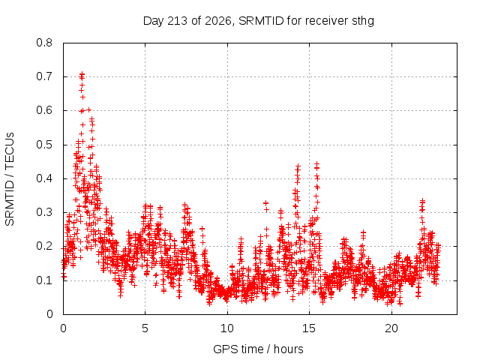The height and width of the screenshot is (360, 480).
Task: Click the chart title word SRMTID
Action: pos(261,21)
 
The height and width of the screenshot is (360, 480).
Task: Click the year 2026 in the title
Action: pos(218,21)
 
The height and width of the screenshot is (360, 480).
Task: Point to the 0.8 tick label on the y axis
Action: pos(44,43)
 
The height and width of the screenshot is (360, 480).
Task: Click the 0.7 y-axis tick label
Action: pos(44,76)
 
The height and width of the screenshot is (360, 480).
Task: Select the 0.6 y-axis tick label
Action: pos(44,110)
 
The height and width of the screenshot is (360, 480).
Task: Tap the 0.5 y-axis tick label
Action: pos(44,145)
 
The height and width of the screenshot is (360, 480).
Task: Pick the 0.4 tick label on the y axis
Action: pos(44,178)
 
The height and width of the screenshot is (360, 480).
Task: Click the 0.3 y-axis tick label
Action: pos(44,212)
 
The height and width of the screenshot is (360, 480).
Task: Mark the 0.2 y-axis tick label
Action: pos(44,246)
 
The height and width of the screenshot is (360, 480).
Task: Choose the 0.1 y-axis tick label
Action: pos(44,280)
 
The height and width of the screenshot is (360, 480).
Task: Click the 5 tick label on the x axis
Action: pos(145,328)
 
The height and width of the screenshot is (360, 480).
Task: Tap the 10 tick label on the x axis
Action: pos(227,328)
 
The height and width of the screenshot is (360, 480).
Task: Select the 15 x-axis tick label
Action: pos(309,328)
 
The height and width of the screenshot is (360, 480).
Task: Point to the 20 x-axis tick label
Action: pos(391,328)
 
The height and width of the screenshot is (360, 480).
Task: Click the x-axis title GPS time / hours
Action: pos(258,349)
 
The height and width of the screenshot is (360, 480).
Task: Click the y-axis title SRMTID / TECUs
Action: pos(10,179)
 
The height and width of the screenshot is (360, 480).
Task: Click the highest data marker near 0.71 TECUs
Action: pos(82,73)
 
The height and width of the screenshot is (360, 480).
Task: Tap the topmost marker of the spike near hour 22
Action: pos(423,201)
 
